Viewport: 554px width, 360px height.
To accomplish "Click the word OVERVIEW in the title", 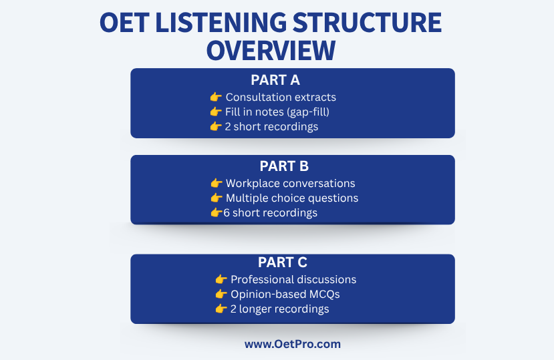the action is click(271, 51).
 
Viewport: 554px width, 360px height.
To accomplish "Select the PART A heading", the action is click(275, 80).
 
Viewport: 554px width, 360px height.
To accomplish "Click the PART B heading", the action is click(284, 166).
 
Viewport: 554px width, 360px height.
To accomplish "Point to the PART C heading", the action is click(282, 262).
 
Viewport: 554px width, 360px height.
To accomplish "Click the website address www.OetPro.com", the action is click(293, 344).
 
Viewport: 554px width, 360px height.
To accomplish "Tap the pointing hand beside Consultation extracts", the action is click(216, 97).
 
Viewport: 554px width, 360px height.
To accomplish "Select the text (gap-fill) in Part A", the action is click(309, 112).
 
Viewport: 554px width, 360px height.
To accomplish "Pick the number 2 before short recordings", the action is click(228, 127).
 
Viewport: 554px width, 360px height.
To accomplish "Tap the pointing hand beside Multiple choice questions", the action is click(217, 198).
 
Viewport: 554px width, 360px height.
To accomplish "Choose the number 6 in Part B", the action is click(227, 213).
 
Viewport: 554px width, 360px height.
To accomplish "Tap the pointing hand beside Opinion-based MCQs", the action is click(221, 294).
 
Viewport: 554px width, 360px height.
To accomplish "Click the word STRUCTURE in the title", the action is click(367, 23).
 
